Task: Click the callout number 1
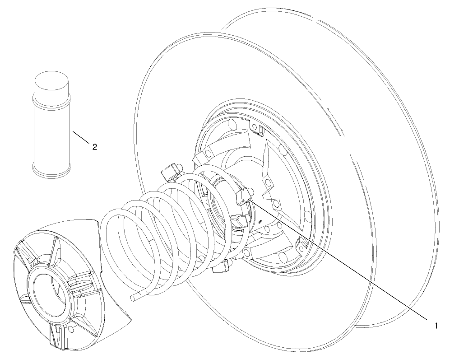coord(436,325)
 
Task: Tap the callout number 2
coord(94,146)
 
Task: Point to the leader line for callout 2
coord(81,137)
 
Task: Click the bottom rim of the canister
coord(51,171)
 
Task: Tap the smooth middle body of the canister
coord(51,135)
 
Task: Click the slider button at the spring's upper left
coord(171,171)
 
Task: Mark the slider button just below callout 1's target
coord(239,221)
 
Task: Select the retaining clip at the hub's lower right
coord(302,246)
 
